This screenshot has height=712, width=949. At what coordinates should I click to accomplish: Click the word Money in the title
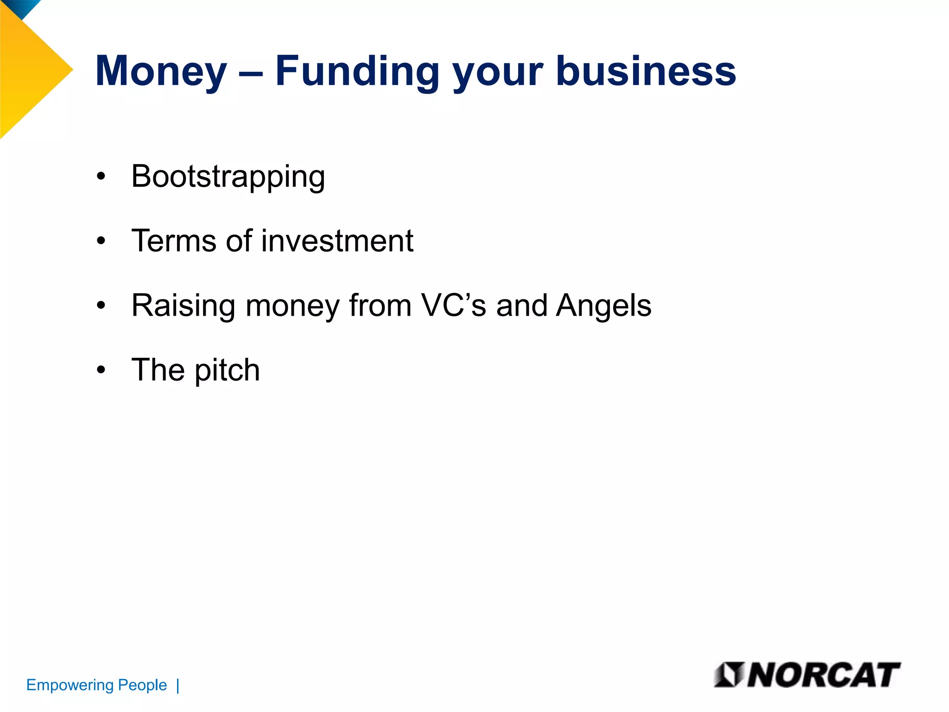pos(161,72)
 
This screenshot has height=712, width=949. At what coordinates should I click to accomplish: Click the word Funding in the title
pos(357,72)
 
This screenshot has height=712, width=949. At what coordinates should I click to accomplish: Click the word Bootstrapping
pos(228,178)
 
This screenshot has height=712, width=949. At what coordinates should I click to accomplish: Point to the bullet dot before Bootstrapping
pos(101,177)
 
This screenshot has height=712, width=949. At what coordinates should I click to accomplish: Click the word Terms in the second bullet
pos(173,241)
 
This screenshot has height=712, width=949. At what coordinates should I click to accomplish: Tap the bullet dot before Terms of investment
pos(101,241)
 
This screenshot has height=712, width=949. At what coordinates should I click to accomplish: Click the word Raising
pos(183,306)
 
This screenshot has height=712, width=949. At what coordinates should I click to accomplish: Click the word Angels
pos(604,306)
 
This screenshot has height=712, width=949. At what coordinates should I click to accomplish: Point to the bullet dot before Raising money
pos(101,305)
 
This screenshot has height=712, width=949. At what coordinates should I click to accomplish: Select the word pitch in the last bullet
pos(227,371)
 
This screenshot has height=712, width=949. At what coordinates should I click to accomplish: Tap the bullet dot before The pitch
pos(101,370)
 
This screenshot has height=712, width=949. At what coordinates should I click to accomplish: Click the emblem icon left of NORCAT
pos(729,675)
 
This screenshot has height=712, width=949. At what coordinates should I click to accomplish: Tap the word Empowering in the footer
pos(70,686)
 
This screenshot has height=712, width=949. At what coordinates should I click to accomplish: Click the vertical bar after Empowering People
pos(178,685)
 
